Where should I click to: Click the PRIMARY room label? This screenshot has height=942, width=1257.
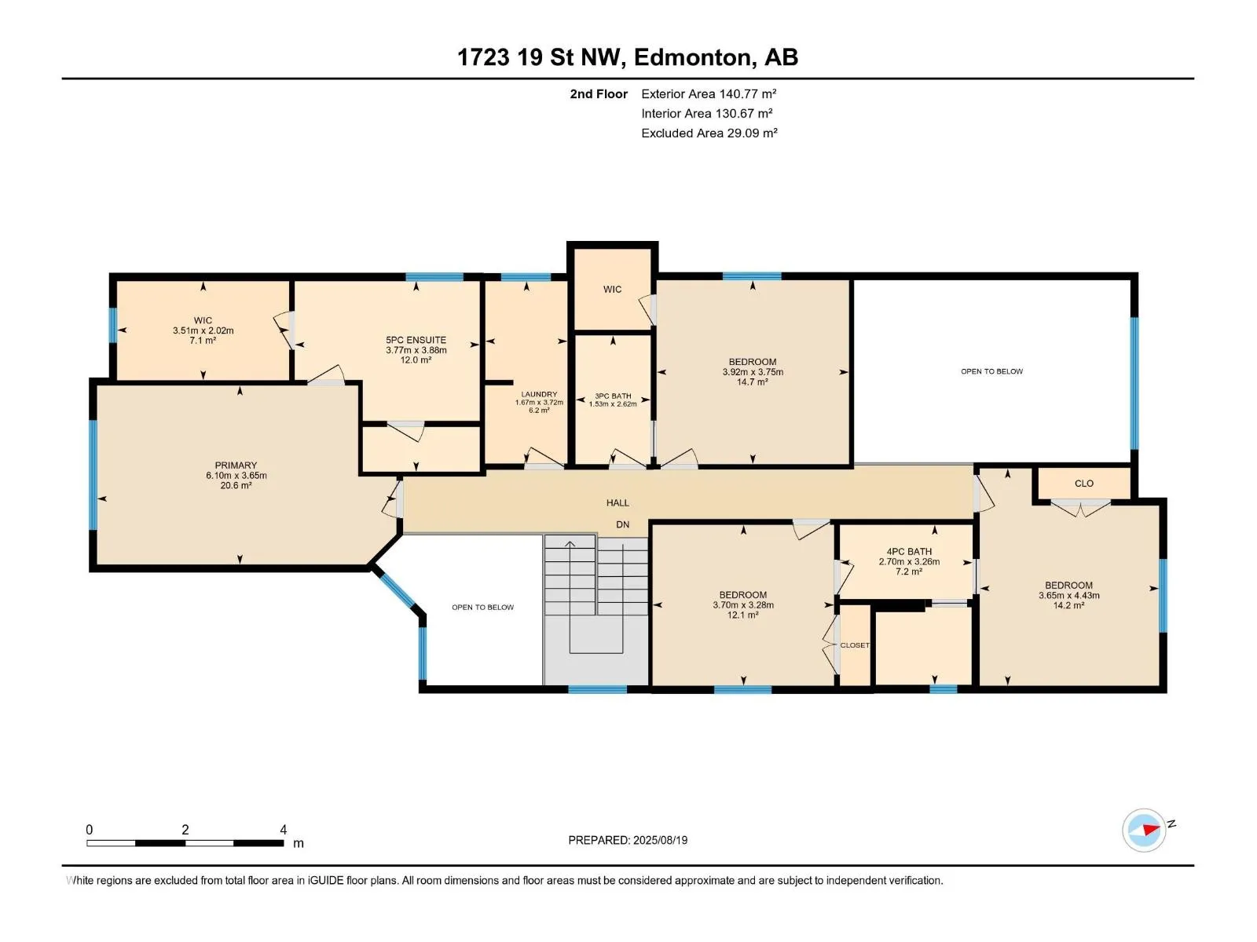(236, 465)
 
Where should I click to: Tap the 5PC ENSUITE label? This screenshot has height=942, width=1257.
(416, 340)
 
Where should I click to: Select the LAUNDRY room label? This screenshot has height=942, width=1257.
(539, 394)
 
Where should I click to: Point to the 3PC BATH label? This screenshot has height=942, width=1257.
(613, 396)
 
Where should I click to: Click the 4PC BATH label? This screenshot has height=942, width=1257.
(909, 551)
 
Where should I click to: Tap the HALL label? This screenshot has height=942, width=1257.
(618, 502)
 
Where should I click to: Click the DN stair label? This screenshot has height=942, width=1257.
(622, 524)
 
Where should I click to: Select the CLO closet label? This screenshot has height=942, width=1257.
(1084, 484)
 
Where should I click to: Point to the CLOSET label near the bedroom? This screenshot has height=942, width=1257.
(855, 645)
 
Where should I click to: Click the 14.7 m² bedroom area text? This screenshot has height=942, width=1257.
(752, 382)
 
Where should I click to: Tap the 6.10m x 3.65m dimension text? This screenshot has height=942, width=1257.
(236, 475)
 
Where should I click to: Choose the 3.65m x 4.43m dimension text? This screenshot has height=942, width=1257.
(1068, 595)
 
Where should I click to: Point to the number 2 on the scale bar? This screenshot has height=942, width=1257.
(185, 829)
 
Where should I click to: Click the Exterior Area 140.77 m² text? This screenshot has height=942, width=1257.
(709, 93)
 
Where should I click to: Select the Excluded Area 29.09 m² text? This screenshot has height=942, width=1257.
(709, 133)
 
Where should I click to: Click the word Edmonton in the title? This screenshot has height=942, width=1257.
(692, 58)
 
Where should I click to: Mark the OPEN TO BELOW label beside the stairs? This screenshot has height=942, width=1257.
(482, 608)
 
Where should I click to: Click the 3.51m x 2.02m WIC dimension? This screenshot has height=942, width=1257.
(203, 330)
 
